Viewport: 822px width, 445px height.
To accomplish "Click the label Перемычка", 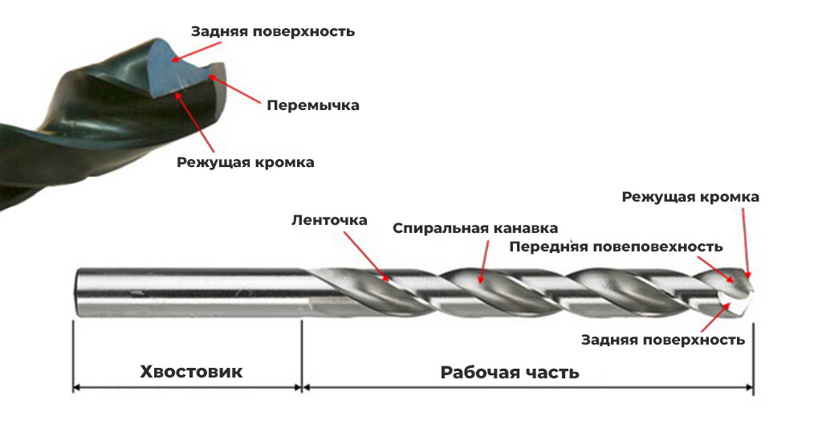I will pyautogui.click(x=312, y=105).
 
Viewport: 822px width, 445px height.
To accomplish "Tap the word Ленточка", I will pyautogui.click(x=329, y=220).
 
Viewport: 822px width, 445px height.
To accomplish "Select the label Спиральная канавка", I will pyautogui.click(x=475, y=228).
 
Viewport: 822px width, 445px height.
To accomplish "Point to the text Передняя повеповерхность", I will pyautogui.click(x=616, y=247).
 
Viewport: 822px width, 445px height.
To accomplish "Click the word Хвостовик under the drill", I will pyautogui.click(x=191, y=372).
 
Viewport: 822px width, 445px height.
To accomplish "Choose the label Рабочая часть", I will pyautogui.click(x=510, y=373).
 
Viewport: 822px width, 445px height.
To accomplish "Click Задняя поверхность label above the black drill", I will pyautogui.click(x=273, y=31).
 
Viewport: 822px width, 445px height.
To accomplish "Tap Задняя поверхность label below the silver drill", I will pyautogui.click(x=663, y=340).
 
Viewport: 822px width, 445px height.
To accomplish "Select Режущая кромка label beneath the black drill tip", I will pyautogui.click(x=246, y=161).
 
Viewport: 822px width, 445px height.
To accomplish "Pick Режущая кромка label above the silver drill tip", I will pyautogui.click(x=690, y=197).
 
